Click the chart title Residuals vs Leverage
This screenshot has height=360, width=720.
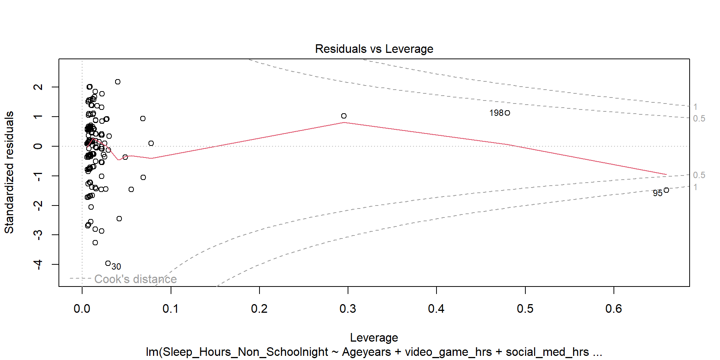(x=374, y=49)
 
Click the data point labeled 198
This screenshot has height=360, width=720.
(x=507, y=113)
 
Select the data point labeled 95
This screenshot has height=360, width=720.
(x=666, y=190)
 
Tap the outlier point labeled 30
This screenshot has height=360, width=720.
(x=108, y=263)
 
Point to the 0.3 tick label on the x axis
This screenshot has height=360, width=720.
(x=348, y=309)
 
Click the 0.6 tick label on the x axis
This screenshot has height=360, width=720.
(x=613, y=309)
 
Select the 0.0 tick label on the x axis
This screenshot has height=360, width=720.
(x=82, y=309)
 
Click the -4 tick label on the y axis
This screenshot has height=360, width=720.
(x=38, y=264)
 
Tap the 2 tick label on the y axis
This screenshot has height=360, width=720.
(x=38, y=87)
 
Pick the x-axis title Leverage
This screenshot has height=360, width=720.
(x=374, y=337)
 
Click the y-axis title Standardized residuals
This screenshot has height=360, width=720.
(x=9, y=172)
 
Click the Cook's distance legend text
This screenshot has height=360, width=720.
(x=135, y=279)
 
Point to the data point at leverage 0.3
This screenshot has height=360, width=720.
(x=344, y=116)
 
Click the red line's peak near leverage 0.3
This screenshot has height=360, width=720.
(x=344, y=123)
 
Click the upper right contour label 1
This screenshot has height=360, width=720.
(x=695, y=107)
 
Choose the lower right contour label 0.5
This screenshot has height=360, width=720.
(x=699, y=175)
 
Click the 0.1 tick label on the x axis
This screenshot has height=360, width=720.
(x=171, y=309)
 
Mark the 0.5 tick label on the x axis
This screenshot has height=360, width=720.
(x=525, y=309)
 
